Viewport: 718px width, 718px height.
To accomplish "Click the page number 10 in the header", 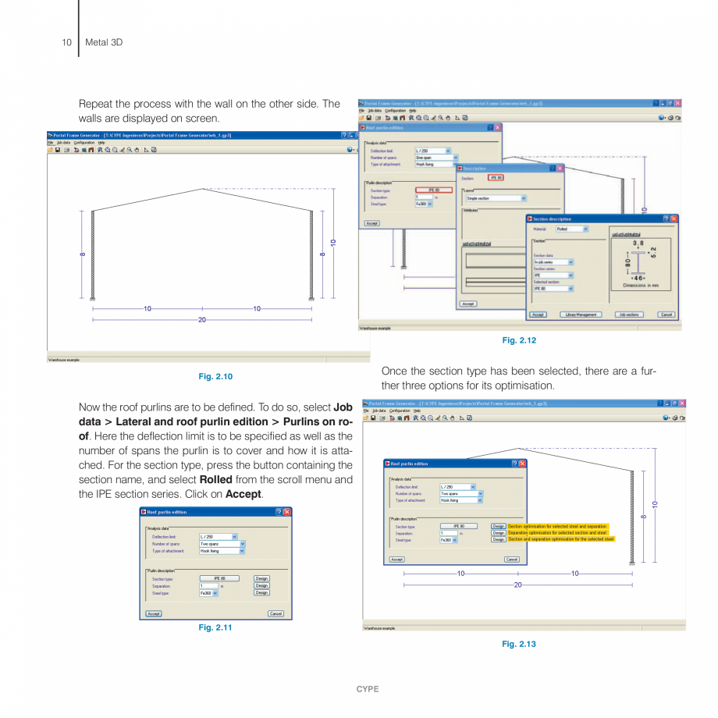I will (x=66, y=42).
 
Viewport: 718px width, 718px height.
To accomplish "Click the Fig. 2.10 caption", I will (x=215, y=377).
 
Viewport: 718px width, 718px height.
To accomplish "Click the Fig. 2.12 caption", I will (x=519, y=340).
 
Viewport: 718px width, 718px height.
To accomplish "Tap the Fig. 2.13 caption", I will (x=519, y=644).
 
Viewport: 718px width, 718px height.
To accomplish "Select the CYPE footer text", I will (x=368, y=689).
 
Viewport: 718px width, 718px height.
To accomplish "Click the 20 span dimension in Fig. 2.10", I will (x=202, y=319).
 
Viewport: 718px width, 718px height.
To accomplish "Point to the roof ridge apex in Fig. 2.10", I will (x=203, y=188).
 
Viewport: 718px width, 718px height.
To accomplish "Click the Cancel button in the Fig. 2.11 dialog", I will (x=275, y=613).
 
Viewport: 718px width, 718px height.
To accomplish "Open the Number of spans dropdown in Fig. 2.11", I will (x=242, y=544).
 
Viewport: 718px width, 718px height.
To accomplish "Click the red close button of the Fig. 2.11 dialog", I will (x=286, y=512).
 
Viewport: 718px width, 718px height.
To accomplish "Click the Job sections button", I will (x=630, y=315).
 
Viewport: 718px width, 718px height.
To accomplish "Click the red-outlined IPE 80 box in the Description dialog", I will (x=496, y=177).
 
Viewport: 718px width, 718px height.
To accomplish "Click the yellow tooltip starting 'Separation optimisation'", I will (x=557, y=533).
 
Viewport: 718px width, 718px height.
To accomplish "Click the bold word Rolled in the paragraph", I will (x=215, y=479).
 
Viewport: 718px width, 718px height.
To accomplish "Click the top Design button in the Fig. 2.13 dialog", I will (x=499, y=527).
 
